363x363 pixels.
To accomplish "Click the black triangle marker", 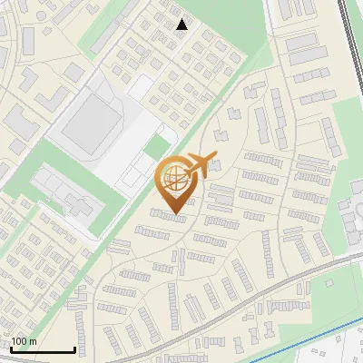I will pyautogui.click(x=182, y=25).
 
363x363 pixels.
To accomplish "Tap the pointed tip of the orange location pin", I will pyautogui.click(x=173, y=214).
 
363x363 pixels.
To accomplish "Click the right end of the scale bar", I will pyautogui.click(x=74, y=349).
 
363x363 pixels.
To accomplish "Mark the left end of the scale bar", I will pyautogui.click(x=11, y=349).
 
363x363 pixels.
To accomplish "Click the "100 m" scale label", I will pyautogui.click(x=25, y=340).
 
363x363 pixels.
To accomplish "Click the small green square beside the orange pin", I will pyautogui.click(x=157, y=147).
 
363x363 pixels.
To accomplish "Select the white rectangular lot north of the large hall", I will pyautogui.click(x=141, y=87).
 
